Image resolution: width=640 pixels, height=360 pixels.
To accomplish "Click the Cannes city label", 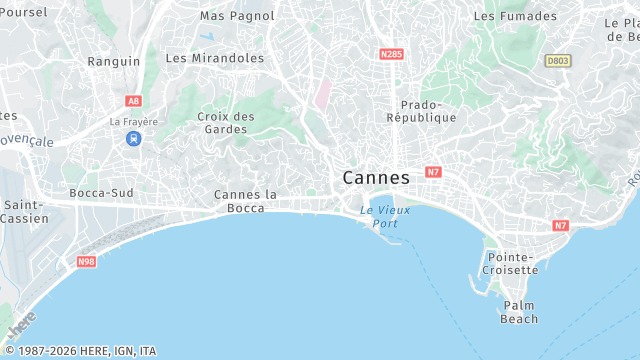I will [x=376, y=178].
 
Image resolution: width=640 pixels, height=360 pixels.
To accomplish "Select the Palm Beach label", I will [x=520, y=312].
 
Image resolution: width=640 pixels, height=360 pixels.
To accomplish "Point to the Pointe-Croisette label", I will [x=511, y=263].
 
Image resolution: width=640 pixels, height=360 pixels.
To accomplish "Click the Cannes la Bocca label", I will [x=245, y=201].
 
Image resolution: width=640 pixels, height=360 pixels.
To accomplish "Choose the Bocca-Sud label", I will [x=101, y=192].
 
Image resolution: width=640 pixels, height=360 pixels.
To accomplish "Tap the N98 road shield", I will [x=86, y=262].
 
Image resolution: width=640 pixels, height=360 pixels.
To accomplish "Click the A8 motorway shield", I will [x=133, y=101].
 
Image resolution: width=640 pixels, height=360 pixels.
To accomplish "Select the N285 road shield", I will [x=391, y=53].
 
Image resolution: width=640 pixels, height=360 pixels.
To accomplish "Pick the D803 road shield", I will [x=557, y=61].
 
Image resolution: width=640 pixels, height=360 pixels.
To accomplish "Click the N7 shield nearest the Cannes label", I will [x=432, y=172].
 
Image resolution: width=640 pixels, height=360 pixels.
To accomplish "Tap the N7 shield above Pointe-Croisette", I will [x=560, y=225].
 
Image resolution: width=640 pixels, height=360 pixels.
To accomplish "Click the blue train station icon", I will [x=133, y=139].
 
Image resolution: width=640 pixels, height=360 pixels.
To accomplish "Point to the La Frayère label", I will [x=133, y=122].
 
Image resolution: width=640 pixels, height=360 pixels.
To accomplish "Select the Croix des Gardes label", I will [x=226, y=122].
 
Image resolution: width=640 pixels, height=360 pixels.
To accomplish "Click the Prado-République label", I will [x=428, y=111].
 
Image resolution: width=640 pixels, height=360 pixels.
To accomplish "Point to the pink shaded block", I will [x=324, y=95].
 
